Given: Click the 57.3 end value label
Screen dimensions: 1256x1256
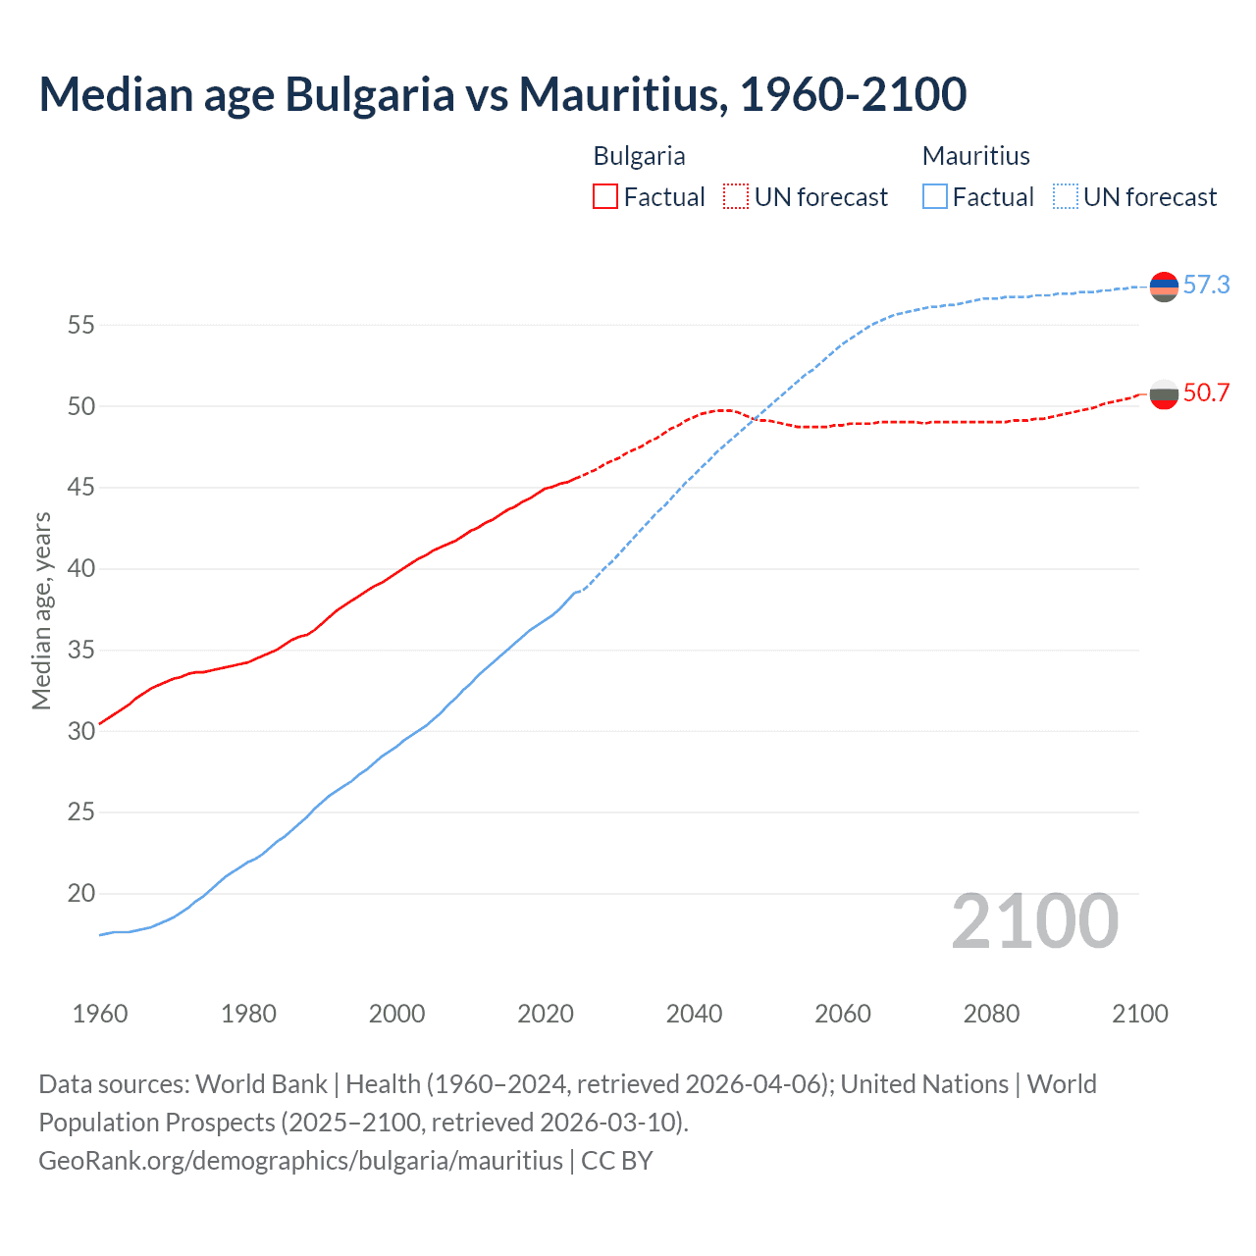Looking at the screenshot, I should point(1206,286).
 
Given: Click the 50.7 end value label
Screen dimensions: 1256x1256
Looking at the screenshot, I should point(1206,393).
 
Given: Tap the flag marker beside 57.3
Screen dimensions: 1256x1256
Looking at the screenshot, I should point(1164,287).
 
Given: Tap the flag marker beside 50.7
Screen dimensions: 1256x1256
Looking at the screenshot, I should point(1164,394).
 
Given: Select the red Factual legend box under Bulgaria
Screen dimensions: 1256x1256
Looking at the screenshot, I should point(605,197).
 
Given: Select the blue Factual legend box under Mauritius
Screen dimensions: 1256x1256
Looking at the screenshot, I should point(935,197).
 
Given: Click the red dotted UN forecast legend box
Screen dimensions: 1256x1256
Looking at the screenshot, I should point(736,197).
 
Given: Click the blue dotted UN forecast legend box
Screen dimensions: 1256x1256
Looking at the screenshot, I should point(1066,197).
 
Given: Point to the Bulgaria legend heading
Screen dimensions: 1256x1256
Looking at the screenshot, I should point(639,156).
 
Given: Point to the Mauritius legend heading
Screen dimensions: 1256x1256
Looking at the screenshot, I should point(975,156).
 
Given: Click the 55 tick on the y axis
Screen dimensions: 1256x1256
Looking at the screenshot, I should point(80,325).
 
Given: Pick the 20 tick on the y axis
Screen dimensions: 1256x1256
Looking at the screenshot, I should point(80,894).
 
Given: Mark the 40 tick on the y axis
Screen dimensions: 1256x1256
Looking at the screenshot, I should point(80,569).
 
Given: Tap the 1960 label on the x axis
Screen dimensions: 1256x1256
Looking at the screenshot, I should point(100,1014).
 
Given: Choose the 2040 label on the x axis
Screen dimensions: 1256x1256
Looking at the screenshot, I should point(694,1014).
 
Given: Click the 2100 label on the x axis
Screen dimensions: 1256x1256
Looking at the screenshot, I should point(1139,1014).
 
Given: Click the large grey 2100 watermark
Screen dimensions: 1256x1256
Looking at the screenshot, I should point(1034,921).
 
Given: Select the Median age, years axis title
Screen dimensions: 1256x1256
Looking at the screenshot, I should point(41,610).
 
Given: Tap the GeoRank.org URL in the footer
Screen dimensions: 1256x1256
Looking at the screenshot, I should point(300,1161).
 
